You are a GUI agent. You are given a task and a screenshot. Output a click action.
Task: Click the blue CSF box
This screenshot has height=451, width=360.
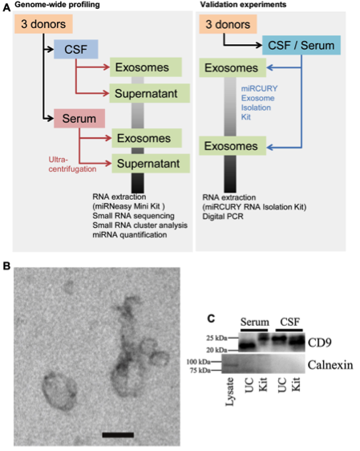coord(76,49)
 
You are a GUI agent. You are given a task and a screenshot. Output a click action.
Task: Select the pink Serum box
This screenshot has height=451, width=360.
coord(79,119)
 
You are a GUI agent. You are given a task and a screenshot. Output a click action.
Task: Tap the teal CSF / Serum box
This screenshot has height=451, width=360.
coord(301,45)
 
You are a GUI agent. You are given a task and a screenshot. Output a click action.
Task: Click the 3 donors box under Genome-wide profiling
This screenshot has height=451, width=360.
coord(43,24)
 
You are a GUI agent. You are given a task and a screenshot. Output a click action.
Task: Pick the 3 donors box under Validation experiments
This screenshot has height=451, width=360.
coord(228,24)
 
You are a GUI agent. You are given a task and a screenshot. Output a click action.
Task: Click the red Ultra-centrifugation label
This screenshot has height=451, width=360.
coord(72,165)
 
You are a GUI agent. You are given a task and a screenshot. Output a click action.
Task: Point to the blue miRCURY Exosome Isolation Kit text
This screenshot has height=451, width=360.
coord(260,103)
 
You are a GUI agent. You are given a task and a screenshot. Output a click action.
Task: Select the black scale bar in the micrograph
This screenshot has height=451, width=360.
coord(118,435)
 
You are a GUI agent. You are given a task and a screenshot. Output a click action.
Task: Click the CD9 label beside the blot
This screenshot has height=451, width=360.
coord(320,343)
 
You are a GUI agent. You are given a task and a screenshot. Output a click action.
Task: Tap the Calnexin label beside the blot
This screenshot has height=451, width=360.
coord(330,365)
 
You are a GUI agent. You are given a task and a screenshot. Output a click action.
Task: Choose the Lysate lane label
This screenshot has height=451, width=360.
coord(230,392)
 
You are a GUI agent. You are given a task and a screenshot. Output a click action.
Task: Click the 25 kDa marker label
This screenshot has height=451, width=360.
coord(216,338)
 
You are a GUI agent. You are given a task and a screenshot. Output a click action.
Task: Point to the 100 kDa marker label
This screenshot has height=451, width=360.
coord(199,362)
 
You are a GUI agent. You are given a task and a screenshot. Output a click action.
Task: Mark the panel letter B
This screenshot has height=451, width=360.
coord(6,266)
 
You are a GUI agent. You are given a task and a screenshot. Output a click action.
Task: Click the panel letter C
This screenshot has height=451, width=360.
coord(211,319)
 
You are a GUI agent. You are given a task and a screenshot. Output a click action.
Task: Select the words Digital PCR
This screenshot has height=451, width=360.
coord(223,217)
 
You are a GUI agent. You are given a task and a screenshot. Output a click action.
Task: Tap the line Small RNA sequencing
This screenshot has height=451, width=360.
coord(133,216)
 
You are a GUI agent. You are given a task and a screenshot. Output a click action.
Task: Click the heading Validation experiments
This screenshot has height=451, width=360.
coord(243,5)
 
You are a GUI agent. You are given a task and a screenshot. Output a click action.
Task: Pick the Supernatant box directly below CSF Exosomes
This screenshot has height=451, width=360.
coord(150,93)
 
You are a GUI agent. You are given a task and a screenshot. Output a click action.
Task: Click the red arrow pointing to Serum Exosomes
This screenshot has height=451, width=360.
coord(95,138)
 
